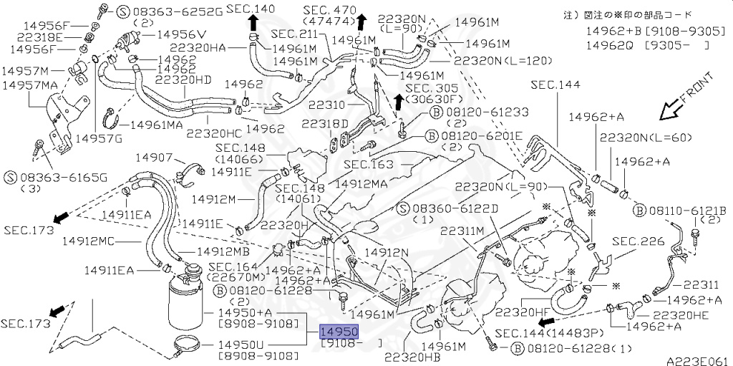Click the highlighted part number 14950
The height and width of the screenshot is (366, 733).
click(x=339, y=332)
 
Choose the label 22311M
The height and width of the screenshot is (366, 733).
click(x=462, y=231)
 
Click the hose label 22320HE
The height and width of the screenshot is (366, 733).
click(x=679, y=314)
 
